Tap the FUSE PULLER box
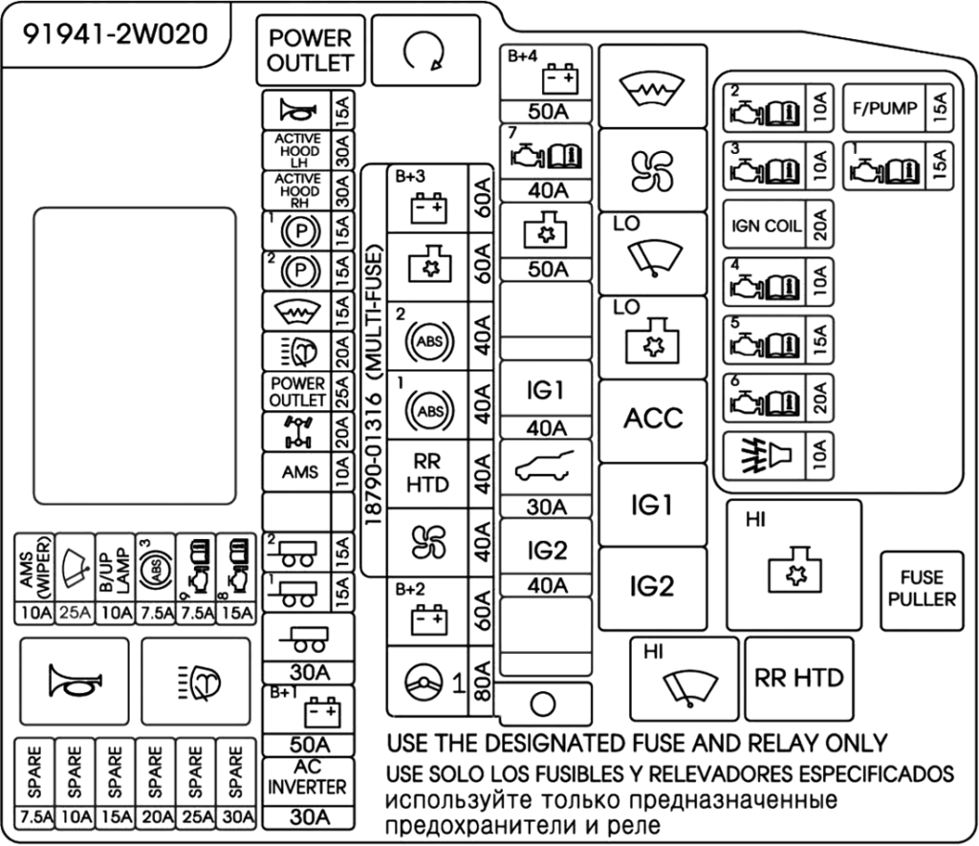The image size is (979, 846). point(921,589)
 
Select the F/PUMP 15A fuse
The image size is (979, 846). point(896,109)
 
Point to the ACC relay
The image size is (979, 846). point(653,419)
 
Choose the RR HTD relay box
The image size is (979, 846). point(798,678)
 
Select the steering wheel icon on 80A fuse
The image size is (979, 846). point(422,682)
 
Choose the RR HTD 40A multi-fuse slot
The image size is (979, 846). point(427,472)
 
